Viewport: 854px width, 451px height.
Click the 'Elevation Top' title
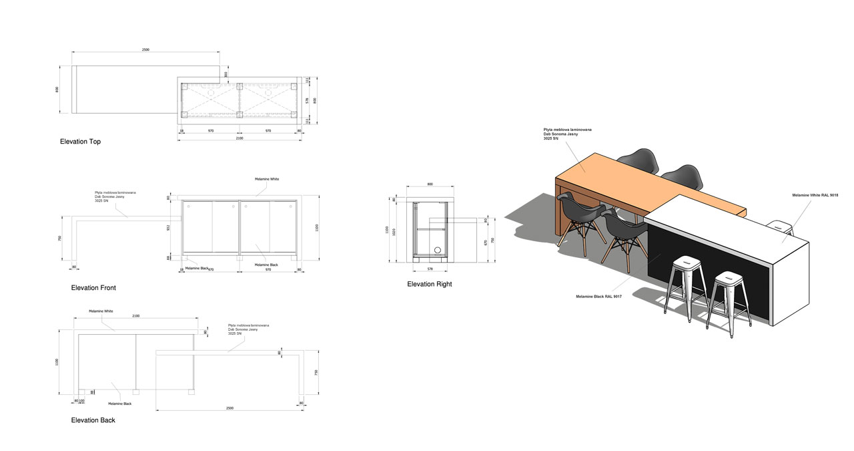point(80,142)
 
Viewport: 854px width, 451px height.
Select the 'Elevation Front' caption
point(93,288)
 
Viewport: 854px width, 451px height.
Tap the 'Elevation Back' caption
point(93,420)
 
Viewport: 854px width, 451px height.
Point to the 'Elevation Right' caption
point(429,284)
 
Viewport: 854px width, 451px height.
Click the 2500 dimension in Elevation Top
point(145,49)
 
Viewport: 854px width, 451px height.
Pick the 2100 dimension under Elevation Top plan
point(239,138)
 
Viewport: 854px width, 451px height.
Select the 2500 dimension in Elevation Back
point(230,408)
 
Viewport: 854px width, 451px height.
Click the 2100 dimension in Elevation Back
point(135,315)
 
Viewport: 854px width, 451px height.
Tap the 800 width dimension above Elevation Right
point(430,183)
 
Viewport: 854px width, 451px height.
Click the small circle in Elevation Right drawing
point(438,251)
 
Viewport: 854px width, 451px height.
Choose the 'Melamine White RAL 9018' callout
point(815,194)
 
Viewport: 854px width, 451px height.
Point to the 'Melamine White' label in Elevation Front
point(267,179)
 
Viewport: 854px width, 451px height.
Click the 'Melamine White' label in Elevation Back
point(101,311)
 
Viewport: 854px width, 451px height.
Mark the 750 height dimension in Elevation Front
point(60,239)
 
